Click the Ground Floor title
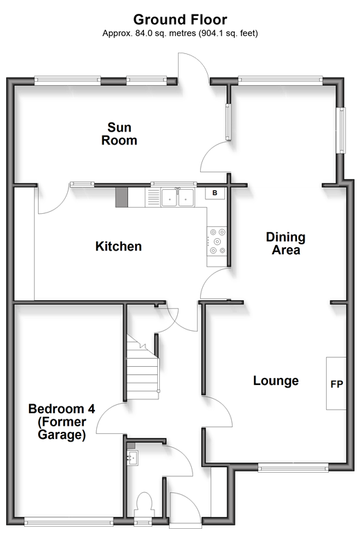[x=180, y=19]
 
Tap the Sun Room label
[x=119, y=134]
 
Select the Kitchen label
[x=118, y=246]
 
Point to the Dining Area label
[x=285, y=244]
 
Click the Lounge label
[x=276, y=381]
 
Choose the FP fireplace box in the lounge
[x=336, y=383]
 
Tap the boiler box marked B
[x=215, y=193]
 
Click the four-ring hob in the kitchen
[x=217, y=242]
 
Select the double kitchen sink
[x=177, y=197]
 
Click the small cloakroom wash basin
[x=133, y=458]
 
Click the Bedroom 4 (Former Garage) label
[x=62, y=422]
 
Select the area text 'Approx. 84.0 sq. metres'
[x=150, y=33]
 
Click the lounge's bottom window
[x=293, y=468]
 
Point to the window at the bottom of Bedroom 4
[x=69, y=521]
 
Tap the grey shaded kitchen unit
[x=122, y=197]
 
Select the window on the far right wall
[x=341, y=130]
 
